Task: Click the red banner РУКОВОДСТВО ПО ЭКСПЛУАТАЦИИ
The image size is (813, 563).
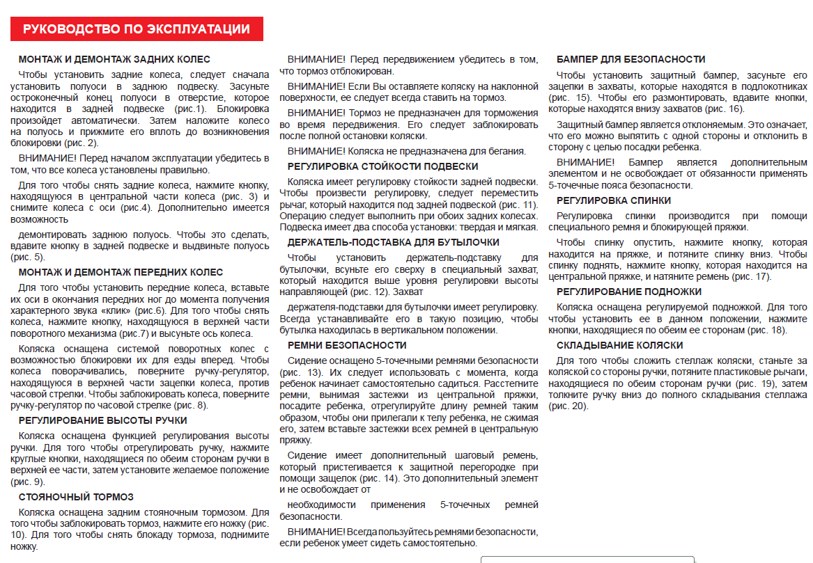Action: [137, 29]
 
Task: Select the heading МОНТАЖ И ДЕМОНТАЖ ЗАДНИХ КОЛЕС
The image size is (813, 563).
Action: [114, 60]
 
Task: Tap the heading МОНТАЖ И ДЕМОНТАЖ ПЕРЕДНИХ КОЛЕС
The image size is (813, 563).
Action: [121, 272]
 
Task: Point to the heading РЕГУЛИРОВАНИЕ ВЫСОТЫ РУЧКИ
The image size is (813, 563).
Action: [102, 420]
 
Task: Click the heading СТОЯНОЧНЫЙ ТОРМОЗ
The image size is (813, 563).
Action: [76, 497]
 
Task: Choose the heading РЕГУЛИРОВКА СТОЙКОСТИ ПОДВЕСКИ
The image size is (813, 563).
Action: [382, 166]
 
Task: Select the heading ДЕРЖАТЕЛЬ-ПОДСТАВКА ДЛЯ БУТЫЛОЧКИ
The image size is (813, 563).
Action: [393, 242]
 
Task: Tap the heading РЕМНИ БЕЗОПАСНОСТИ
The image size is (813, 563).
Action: [347, 345]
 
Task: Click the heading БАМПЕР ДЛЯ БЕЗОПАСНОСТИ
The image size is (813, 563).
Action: [631, 60]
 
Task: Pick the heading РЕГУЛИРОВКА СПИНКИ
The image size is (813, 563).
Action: [614, 200]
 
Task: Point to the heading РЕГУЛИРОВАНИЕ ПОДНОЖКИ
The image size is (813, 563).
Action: [629, 292]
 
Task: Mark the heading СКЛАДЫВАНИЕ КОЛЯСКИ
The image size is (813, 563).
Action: [620, 345]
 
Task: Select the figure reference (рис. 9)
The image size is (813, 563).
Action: [28, 482]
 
